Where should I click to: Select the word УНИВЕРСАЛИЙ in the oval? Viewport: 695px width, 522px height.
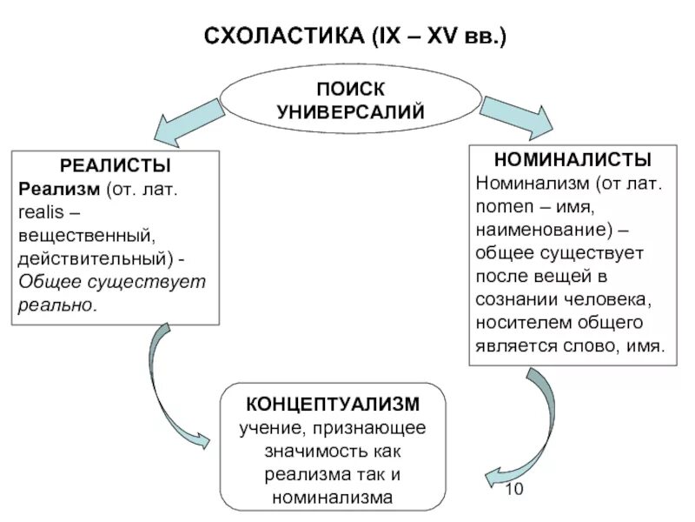point(351,112)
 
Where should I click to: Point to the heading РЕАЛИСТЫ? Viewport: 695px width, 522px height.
point(115,165)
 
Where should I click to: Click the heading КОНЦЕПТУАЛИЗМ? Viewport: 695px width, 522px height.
point(334,405)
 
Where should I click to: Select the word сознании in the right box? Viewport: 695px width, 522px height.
point(513,299)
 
